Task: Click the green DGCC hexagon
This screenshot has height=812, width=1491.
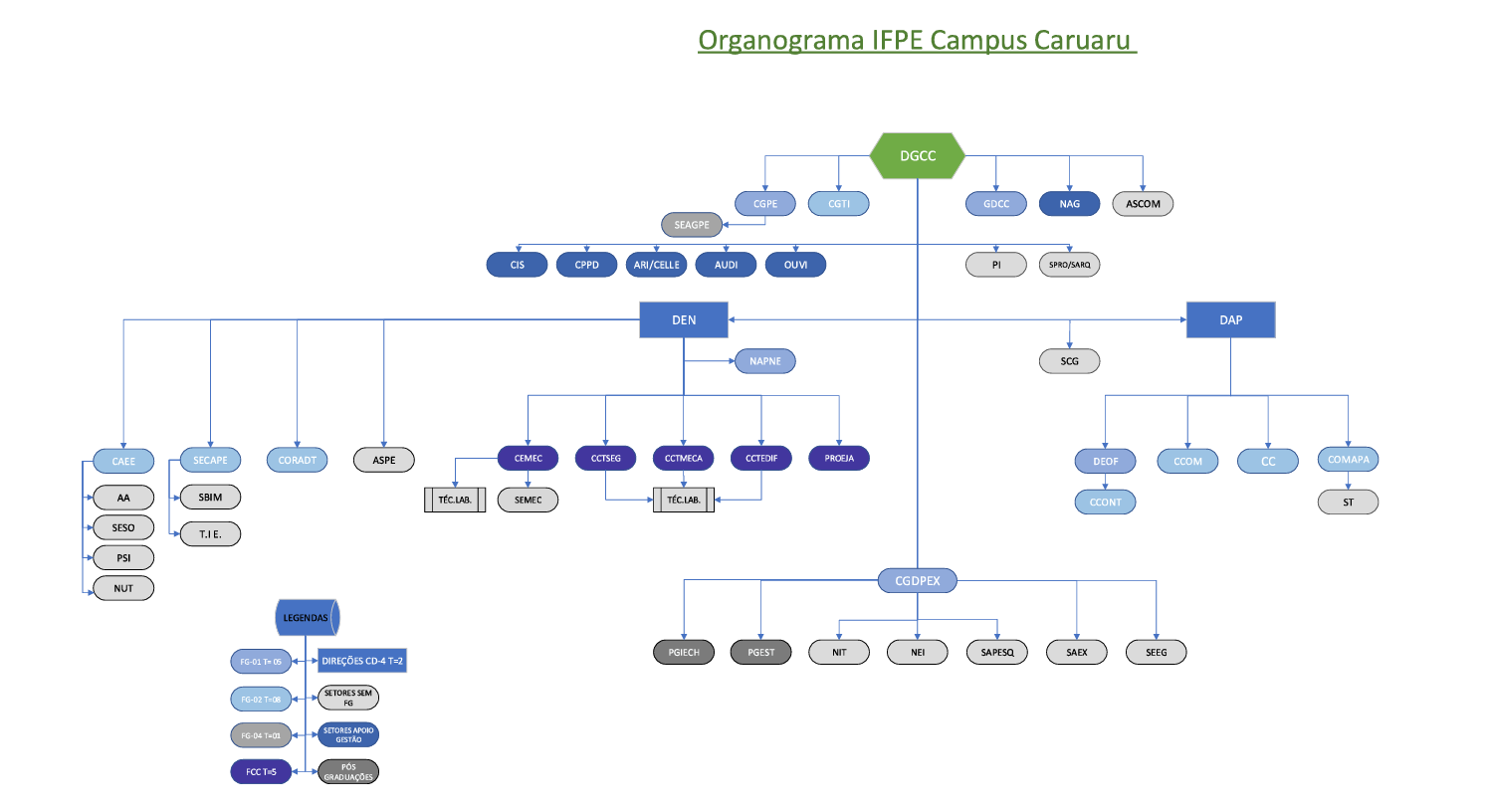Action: [x=917, y=156]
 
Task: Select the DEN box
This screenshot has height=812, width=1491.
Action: [x=684, y=320]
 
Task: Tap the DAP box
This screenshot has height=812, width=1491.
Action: [x=1230, y=320]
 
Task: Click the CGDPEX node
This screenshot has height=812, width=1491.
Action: [x=917, y=581]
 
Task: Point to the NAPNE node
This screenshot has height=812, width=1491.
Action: [x=764, y=361]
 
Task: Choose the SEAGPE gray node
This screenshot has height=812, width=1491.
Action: [x=692, y=225]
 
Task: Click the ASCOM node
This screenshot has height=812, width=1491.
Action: [x=1143, y=204]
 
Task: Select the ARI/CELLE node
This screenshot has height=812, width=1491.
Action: [x=657, y=265]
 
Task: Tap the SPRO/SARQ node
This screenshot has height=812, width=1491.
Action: [x=1069, y=265]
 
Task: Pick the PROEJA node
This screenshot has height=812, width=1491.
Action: [x=839, y=459]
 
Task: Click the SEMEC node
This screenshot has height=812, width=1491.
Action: [x=528, y=500]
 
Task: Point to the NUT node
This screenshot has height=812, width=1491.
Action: [x=123, y=588]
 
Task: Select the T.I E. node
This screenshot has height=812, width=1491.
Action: [x=210, y=534]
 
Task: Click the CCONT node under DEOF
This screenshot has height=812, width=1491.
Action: [x=1105, y=503]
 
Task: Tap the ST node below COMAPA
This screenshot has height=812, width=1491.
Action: [x=1348, y=503]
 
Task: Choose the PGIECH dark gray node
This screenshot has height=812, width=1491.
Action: [x=684, y=653]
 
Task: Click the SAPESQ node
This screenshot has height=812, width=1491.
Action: [x=997, y=653]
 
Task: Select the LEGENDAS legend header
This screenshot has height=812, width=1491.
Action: [x=307, y=618]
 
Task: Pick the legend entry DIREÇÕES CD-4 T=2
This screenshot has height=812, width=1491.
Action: [x=362, y=661]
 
